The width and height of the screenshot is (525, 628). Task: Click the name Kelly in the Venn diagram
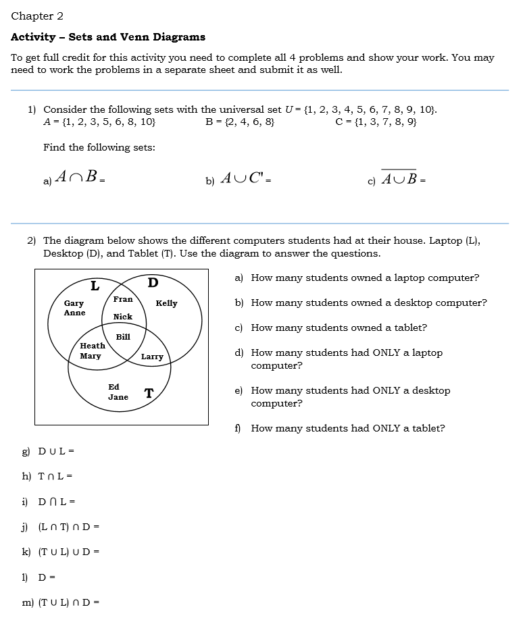point(166,303)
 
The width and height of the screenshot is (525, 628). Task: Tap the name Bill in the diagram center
point(123,336)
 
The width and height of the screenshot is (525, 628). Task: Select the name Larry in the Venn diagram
point(152,357)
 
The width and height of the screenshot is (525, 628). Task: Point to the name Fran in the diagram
point(123,299)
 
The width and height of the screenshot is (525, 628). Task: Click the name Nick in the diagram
point(123,317)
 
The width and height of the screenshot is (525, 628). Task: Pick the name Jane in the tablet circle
point(118,397)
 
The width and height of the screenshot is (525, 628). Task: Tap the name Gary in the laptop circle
point(74,304)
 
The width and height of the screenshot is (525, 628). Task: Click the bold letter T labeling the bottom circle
point(149,393)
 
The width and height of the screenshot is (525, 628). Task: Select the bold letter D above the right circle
point(153,282)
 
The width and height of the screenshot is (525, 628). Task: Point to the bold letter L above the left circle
point(95,286)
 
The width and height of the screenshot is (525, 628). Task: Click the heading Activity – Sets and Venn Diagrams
point(108,37)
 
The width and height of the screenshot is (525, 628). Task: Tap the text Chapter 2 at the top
point(37,16)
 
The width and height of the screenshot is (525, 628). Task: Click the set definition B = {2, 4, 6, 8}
point(240,122)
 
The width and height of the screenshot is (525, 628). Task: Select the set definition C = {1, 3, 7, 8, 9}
point(376,122)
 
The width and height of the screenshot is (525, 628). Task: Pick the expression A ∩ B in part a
point(78,178)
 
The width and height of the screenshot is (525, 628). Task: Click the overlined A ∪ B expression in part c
point(399,178)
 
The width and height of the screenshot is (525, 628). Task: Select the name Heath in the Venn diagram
point(93,346)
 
